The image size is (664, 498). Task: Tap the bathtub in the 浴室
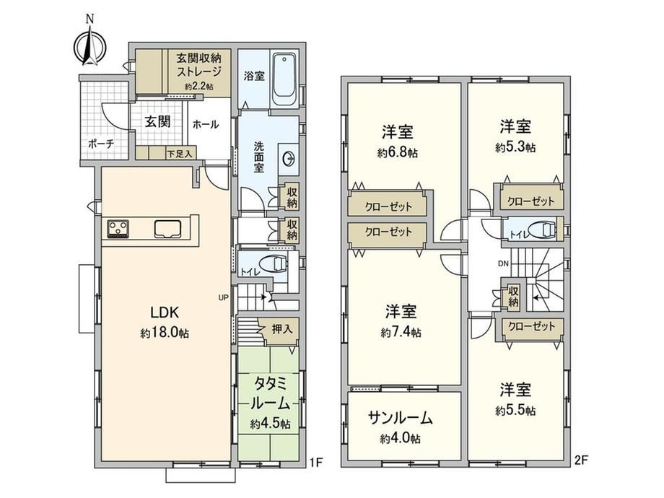(x=284, y=79)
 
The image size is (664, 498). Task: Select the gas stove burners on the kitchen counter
(x=118, y=229)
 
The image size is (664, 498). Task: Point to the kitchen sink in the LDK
(x=168, y=229)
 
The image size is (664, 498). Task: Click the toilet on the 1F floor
(x=274, y=265)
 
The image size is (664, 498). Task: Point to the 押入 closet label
(x=282, y=329)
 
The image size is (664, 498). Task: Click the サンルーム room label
(x=400, y=419)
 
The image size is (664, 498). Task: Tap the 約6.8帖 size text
(x=398, y=153)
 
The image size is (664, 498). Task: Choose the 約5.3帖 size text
(x=515, y=147)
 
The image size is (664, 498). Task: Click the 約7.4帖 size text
(x=401, y=333)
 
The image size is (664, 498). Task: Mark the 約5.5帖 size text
(x=515, y=411)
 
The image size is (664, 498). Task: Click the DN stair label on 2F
(x=503, y=264)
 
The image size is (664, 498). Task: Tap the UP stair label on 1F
(x=224, y=297)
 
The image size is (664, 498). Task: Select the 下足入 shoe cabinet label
(x=180, y=154)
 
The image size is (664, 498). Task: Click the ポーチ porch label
(x=101, y=144)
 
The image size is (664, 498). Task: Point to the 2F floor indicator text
(x=581, y=460)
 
